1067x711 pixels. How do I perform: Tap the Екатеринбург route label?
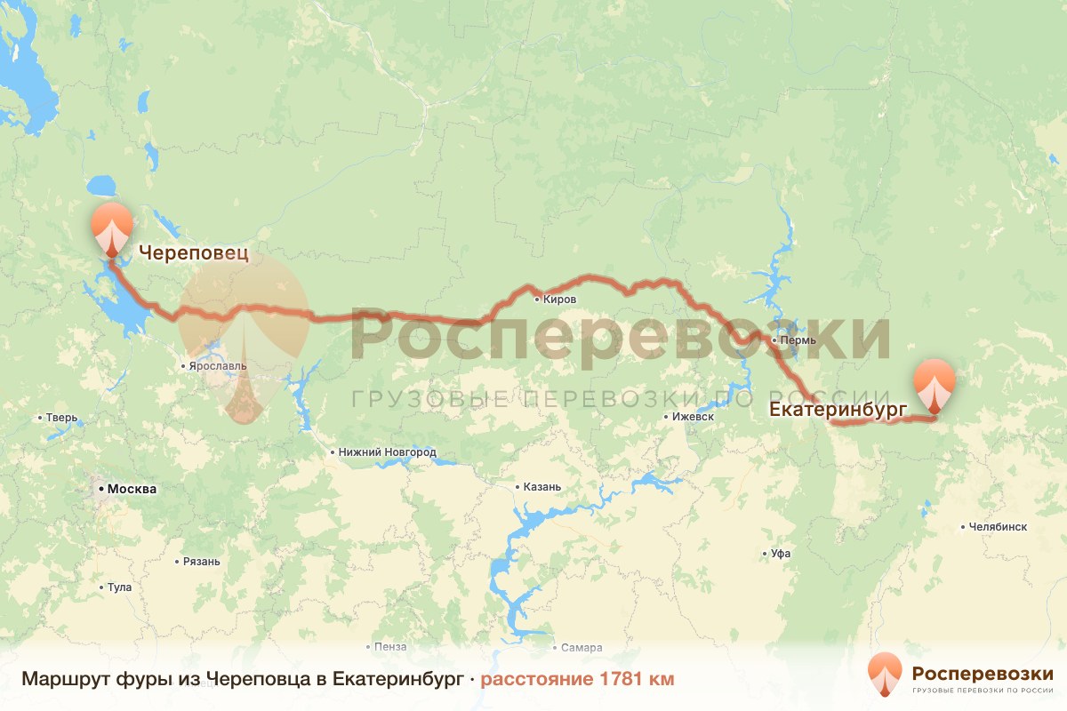pos(837,410)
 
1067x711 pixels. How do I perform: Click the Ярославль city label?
pos(217,365)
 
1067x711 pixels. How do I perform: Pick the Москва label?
pos(131,489)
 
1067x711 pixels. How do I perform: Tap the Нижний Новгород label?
pos(387,452)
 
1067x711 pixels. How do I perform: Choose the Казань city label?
pos(542,487)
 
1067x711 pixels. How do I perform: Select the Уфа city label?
pos(781,554)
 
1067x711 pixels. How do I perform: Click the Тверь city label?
pos(63,418)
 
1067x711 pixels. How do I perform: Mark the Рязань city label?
pos(201,562)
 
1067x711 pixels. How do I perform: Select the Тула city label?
pos(119,587)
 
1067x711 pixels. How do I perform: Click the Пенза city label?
pos(391,647)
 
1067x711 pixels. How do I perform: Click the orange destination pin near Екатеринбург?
pos(935,384)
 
